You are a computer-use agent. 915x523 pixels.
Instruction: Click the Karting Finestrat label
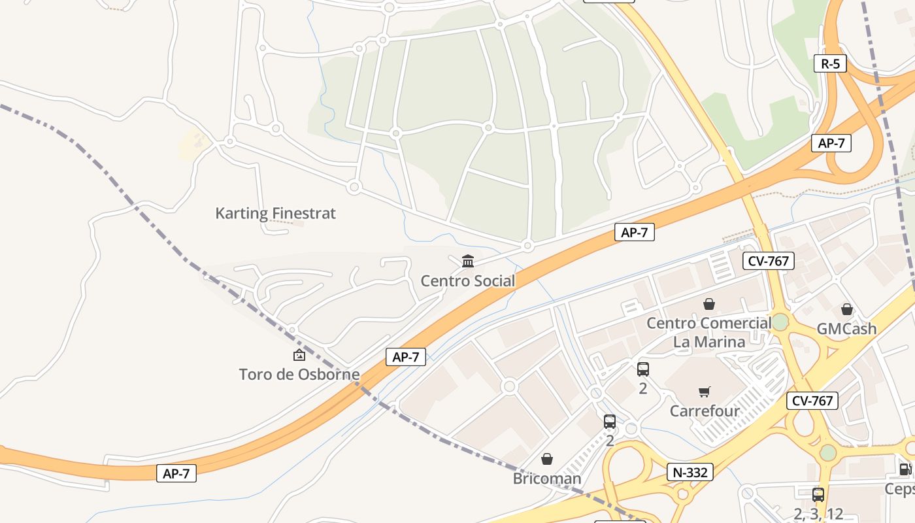(275, 213)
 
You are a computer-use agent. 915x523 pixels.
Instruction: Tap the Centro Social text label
(467, 281)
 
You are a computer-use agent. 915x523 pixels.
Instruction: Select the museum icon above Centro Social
(468, 261)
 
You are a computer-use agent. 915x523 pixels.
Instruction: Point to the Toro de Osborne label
(299, 375)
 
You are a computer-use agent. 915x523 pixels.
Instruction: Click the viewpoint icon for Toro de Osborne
(299, 355)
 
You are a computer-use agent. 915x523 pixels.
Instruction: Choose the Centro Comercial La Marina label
(709, 332)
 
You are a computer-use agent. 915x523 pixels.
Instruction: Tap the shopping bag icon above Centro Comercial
(709, 304)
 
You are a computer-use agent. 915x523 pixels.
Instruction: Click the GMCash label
(846, 329)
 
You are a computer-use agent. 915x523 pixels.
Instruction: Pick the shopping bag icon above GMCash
(847, 309)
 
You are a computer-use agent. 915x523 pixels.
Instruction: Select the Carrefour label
(705, 411)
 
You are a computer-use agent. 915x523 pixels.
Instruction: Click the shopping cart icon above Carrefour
(705, 392)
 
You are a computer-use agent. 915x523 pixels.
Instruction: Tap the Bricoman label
(547, 479)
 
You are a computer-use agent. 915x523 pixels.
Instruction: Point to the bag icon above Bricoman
(547, 459)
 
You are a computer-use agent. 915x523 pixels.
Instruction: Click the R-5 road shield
(830, 63)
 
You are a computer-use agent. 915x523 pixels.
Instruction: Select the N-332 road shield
(690, 472)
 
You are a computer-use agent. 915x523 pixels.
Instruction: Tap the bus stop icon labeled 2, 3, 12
(818, 495)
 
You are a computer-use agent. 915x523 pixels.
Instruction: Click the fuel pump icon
(905, 469)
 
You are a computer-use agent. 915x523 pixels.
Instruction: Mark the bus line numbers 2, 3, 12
(818, 514)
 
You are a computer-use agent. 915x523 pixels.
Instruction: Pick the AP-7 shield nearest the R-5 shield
(831, 143)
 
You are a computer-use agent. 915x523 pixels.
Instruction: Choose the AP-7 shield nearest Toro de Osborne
(406, 357)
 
